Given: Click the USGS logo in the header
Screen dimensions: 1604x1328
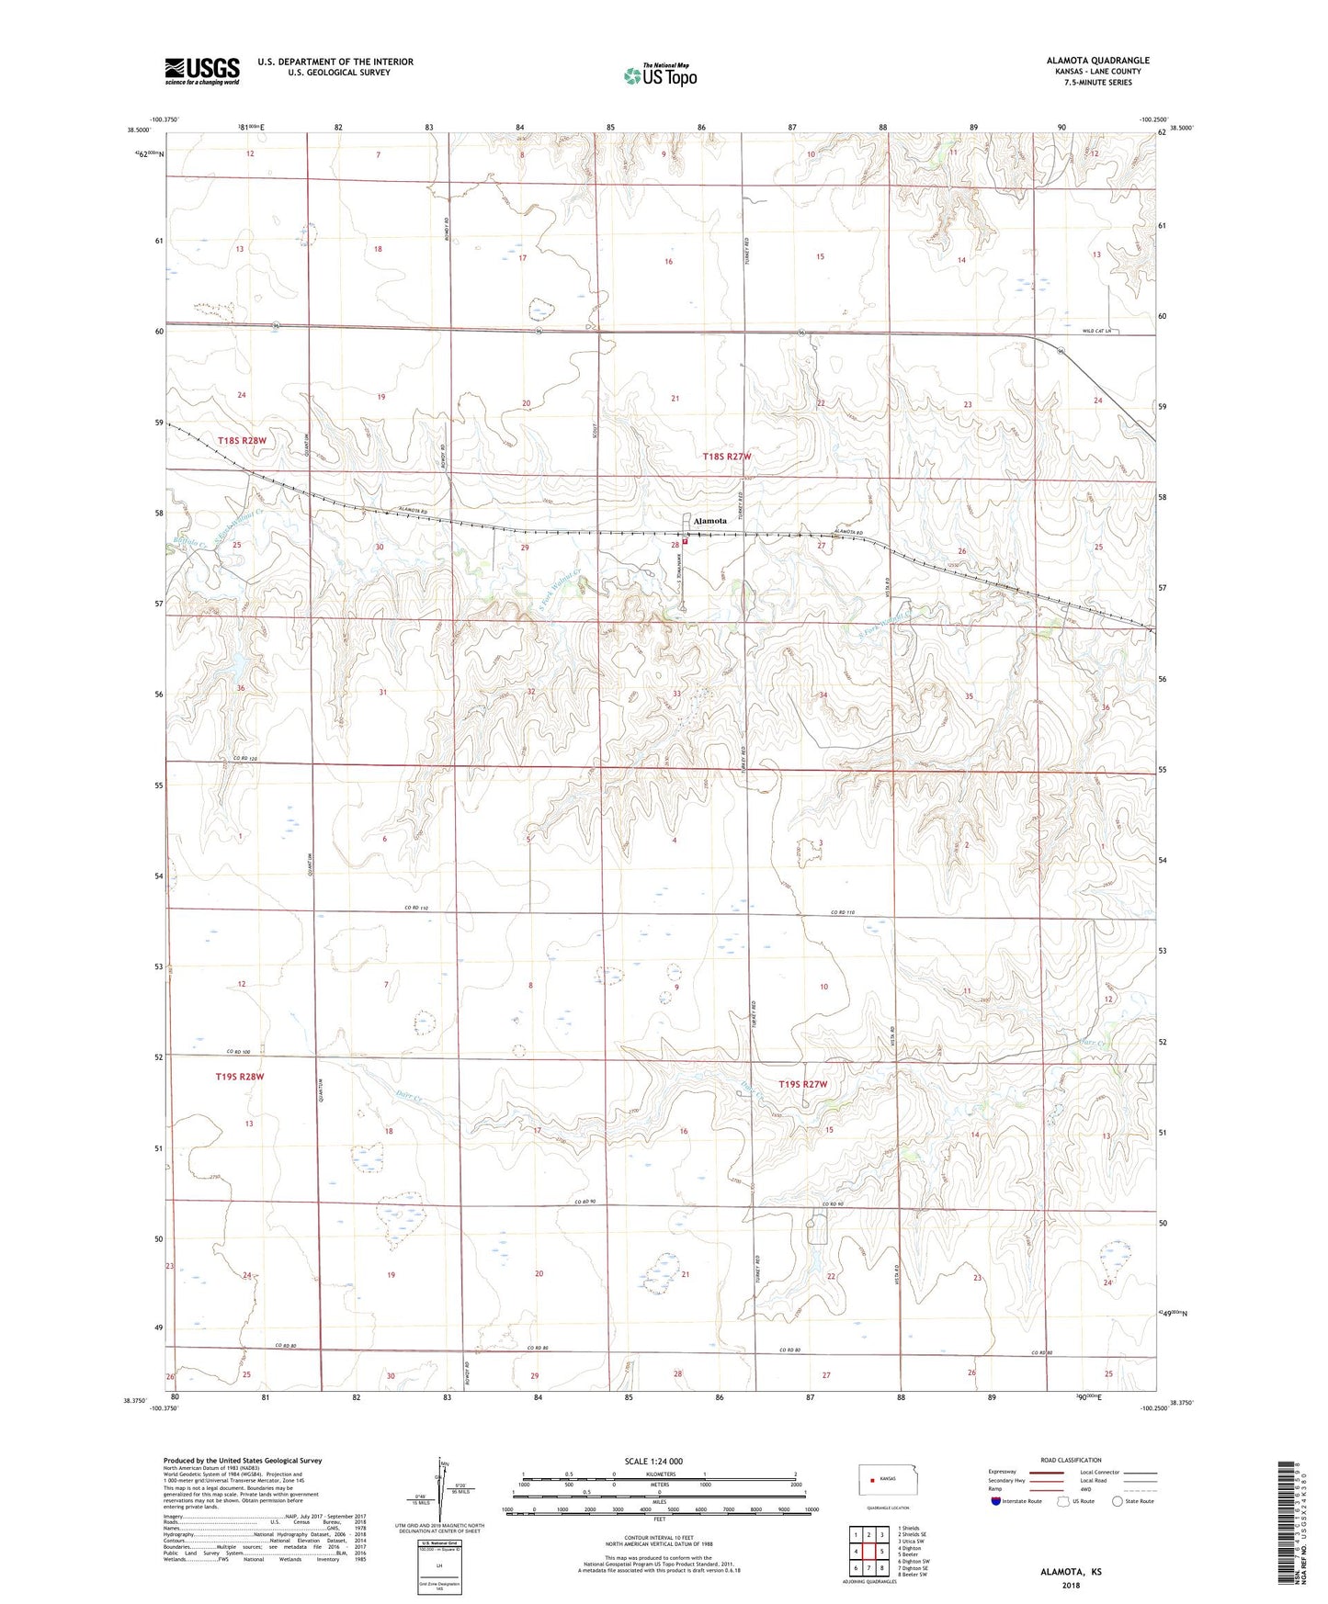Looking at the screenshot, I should pos(202,71).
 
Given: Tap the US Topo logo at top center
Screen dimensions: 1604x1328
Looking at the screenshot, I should pos(660,75).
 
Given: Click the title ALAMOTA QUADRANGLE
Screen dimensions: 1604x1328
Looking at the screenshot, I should pos(1097,61).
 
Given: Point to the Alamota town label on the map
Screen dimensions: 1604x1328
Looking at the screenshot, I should pos(710,521).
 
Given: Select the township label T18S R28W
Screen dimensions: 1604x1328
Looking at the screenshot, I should pos(243,441).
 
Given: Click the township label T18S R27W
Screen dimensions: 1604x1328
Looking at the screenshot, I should pos(727,457).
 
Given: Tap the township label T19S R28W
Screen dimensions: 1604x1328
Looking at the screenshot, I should pos(240,1076).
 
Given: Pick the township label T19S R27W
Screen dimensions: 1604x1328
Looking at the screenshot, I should pos(803,1084).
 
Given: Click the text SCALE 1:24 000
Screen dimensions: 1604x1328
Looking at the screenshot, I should pos(653,1461).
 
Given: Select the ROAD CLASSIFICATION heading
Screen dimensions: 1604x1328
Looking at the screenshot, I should pos(1070,1460).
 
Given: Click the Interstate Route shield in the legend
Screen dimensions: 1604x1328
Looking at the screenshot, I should pos(997,1501).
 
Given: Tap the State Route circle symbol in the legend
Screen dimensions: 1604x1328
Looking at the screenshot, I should pos(1118,1501).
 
